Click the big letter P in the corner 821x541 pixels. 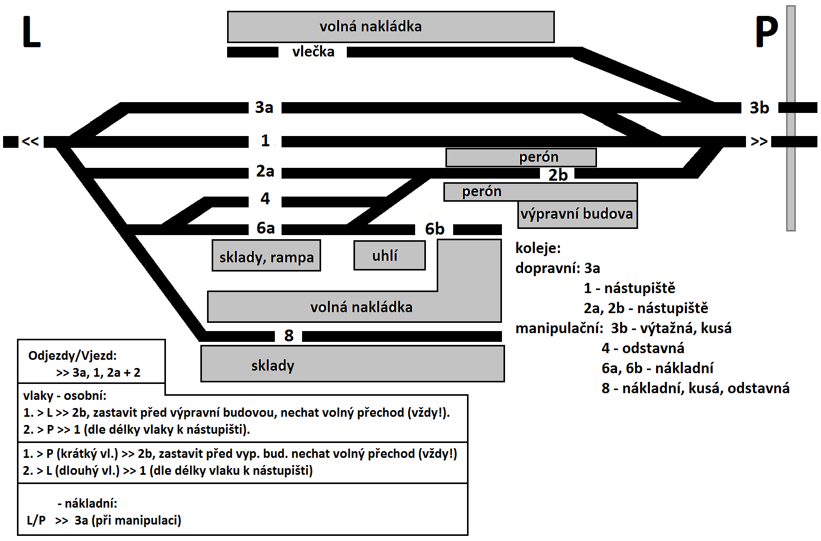pyautogui.click(x=766, y=32)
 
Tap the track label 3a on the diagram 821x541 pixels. pyautogui.click(x=264, y=107)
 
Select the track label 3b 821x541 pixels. pyautogui.click(x=759, y=108)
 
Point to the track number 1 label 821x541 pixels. pyautogui.click(x=265, y=140)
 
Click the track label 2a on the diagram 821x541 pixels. pyautogui.click(x=265, y=171)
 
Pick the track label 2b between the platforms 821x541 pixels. pyautogui.click(x=558, y=175)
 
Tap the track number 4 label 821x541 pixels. pyautogui.click(x=265, y=199)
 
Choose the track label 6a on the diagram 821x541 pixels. pyautogui.click(x=266, y=228)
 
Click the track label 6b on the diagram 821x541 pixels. pyautogui.click(x=435, y=229)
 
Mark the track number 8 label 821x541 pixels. pyautogui.click(x=289, y=336)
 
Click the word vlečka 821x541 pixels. pyautogui.click(x=313, y=51)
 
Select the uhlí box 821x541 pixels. pyautogui.click(x=389, y=255)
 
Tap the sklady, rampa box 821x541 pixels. pyautogui.click(x=266, y=256)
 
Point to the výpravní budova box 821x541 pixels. pyautogui.click(x=577, y=214)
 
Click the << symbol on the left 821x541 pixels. pyautogui.click(x=30, y=141)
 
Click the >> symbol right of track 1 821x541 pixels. pyautogui.click(x=759, y=141)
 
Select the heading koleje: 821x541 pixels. pyautogui.click(x=538, y=248)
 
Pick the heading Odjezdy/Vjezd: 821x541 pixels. pyautogui.click(x=72, y=355)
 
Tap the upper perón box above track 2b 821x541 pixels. pyautogui.click(x=521, y=157)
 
